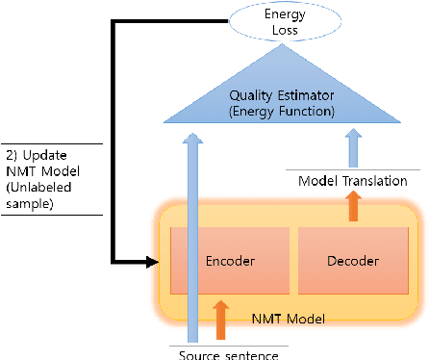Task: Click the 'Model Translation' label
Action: pyautogui.click(x=353, y=181)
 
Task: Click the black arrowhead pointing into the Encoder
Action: pyautogui.click(x=152, y=261)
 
